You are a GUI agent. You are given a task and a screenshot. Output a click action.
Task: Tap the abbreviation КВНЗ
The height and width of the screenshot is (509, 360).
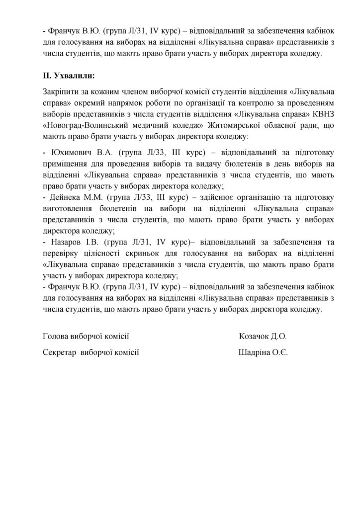pos(306,115)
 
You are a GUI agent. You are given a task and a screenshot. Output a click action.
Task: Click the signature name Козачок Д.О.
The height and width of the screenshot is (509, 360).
pos(263,336)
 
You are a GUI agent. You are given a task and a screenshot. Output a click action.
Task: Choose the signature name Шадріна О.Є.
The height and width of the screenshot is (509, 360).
pos(263,352)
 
